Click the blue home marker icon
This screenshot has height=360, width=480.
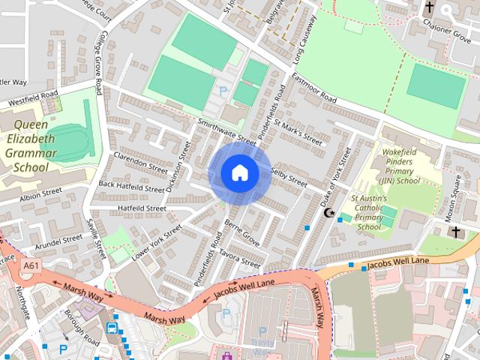coord(239,173)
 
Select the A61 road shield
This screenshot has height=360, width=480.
coord(31,266)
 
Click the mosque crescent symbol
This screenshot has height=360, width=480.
coord(328,213)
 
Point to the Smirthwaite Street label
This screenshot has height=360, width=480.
coord(226,130)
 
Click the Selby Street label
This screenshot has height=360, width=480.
coord(288,177)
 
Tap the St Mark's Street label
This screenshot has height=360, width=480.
coord(298,130)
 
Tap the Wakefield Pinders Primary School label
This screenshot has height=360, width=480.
coord(399,165)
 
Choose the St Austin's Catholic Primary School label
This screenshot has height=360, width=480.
coord(369,212)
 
